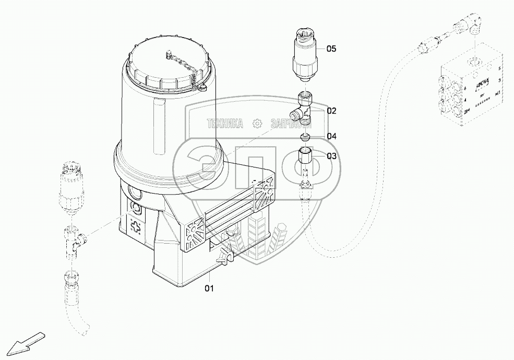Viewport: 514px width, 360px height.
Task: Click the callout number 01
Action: click(x=208, y=287)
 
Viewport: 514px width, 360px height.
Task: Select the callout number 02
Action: click(x=332, y=111)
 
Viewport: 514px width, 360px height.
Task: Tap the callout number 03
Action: click(x=332, y=155)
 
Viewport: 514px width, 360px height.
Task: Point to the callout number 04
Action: click(x=332, y=136)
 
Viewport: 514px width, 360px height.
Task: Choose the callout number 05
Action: click(x=332, y=49)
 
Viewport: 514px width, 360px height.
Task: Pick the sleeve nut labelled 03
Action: click(x=306, y=155)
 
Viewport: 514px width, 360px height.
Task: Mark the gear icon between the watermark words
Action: click(x=257, y=124)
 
